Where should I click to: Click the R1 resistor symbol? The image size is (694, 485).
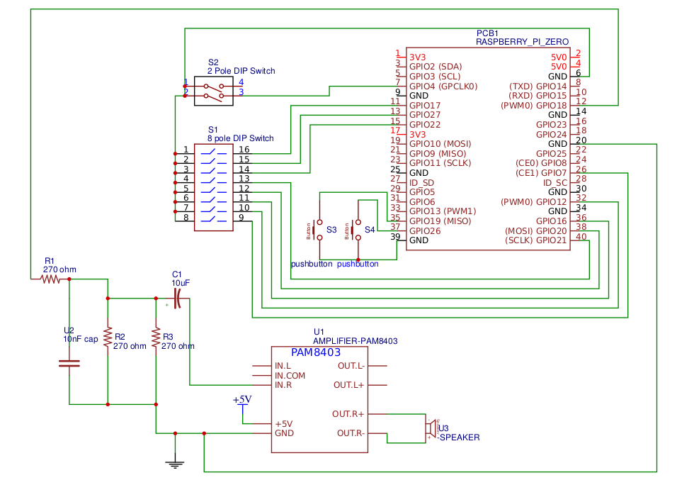(x=51, y=279)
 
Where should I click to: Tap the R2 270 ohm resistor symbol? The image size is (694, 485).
(x=108, y=338)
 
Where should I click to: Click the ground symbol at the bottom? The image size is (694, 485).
(x=175, y=463)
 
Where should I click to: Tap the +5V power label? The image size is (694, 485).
(x=242, y=400)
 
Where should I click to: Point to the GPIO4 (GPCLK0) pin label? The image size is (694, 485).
(x=443, y=86)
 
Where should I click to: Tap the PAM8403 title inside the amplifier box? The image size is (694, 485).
(x=316, y=352)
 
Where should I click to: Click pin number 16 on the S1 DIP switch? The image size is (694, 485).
(x=244, y=150)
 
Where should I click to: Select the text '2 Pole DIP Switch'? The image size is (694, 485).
(x=241, y=71)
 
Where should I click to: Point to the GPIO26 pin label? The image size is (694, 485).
(x=425, y=230)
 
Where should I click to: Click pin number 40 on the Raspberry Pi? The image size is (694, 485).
(x=581, y=238)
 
